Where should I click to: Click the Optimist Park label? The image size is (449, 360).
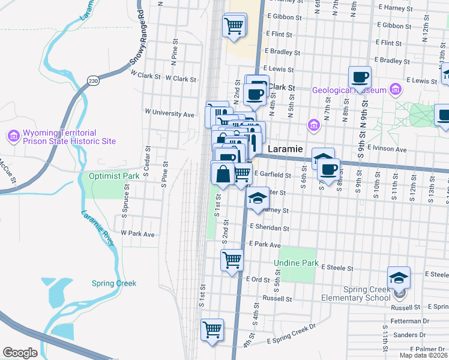pyautogui.click(x=113, y=176)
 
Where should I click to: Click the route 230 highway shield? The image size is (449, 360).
pyautogui.click(x=92, y=80)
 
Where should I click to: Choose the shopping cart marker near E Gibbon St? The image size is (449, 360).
pyautogui.click(x=233, y=25)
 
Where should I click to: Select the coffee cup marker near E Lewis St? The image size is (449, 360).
pyautogui.click(x=360, y=77)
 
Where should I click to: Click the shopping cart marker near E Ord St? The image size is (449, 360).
pyautogui.click(x=232, y=260)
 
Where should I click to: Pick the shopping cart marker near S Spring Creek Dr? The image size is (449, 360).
pyautogui.click(x=212, y=329)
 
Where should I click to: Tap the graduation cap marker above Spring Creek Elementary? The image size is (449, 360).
pyautogui.click(x=399, y=277)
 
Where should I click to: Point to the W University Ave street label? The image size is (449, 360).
pyautogui.click(x=170, y=113)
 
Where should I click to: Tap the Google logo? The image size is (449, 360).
pyautogui.click(x=20, y=353)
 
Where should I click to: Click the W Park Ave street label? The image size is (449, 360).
pyautogui.click(x=137, y=233)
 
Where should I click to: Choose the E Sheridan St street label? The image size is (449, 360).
pyautogui.click(x=270, y=229)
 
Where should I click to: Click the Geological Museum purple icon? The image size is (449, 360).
pyautogui.click(x=395, y=91)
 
